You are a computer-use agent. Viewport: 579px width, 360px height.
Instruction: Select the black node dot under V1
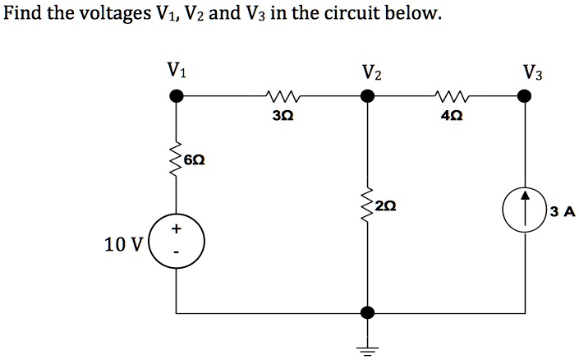[x=176, y=97]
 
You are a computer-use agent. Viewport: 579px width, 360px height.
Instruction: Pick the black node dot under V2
[x=368, y=97]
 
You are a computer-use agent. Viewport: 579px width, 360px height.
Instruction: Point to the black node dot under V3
[x=523, y=97]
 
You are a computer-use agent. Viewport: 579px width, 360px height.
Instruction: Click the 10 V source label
[x=123, y=243]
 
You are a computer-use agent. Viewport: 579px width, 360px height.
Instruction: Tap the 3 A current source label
[x=563, y=212]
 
